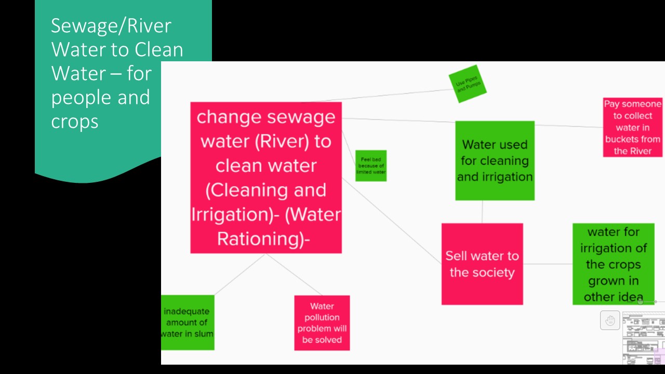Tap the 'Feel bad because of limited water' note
click(371, 166)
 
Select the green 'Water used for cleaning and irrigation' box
click(495, 161)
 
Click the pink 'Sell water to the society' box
click(482, 264)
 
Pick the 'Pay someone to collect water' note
click(633, 127)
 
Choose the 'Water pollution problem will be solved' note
click(322, 323)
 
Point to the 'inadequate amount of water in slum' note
click(188, 323)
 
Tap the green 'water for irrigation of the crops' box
click(613, 263)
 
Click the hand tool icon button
click(610, 320)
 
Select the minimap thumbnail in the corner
click(643, 338)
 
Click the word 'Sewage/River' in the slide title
click(111, 26)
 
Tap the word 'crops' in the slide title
click(74, 121)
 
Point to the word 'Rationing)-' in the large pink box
click(263, 239)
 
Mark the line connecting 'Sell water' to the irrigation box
click(548, 264)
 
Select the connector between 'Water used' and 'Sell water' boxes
click(482, 212)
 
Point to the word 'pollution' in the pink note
click(322, 317)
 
